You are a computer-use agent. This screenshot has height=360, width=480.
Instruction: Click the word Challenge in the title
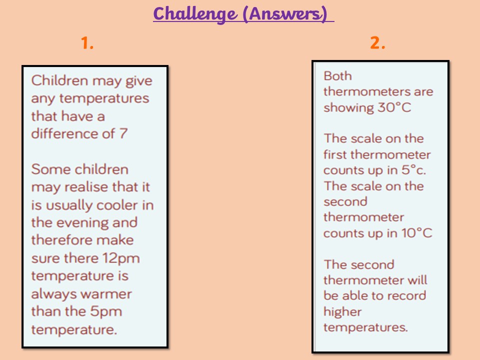(195, 14)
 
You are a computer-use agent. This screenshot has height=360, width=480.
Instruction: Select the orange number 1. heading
(87, 43)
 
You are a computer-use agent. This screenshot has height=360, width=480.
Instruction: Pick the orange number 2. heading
(377, 43)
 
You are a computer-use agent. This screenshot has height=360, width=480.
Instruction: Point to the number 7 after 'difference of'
(123, 133)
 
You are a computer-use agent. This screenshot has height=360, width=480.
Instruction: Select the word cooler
(116, 205)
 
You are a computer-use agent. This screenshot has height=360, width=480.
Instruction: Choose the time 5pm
(106, 312)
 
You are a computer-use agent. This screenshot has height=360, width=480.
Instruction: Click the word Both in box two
(337, 76)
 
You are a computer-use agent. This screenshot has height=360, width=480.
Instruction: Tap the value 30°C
(394, 107)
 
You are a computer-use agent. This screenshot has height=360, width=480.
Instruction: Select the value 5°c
(413, 170)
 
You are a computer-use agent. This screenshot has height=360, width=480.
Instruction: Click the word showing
(348, 108)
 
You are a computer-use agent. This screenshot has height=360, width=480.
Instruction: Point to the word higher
(342, 312)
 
